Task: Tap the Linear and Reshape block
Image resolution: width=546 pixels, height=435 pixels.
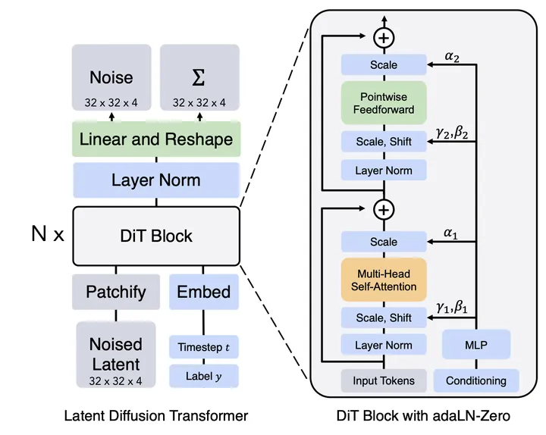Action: point(156,139)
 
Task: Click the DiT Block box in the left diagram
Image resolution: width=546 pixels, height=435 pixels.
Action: point(156,235)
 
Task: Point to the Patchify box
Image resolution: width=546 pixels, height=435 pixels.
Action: point(115,292)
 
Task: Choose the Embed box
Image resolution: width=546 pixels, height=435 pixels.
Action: point(203,292)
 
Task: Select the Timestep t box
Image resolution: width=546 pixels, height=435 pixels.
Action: point(203,347)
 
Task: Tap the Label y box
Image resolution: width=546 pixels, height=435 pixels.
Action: point(203,375)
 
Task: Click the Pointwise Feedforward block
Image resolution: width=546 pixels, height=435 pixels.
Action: point(384,103)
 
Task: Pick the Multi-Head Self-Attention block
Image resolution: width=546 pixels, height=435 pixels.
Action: point(384,280)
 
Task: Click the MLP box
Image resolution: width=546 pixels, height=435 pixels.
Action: point(477,345)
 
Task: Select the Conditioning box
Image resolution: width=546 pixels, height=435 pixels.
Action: point(476,380)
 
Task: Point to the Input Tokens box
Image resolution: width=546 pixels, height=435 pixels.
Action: point(384,380)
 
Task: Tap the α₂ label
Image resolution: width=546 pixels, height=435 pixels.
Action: point(453,56)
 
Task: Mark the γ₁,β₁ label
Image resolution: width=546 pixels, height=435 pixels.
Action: point(453,308)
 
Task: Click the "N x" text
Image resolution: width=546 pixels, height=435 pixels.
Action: point(47,235)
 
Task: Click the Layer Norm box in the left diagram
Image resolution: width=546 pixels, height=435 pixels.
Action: point(156,180)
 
